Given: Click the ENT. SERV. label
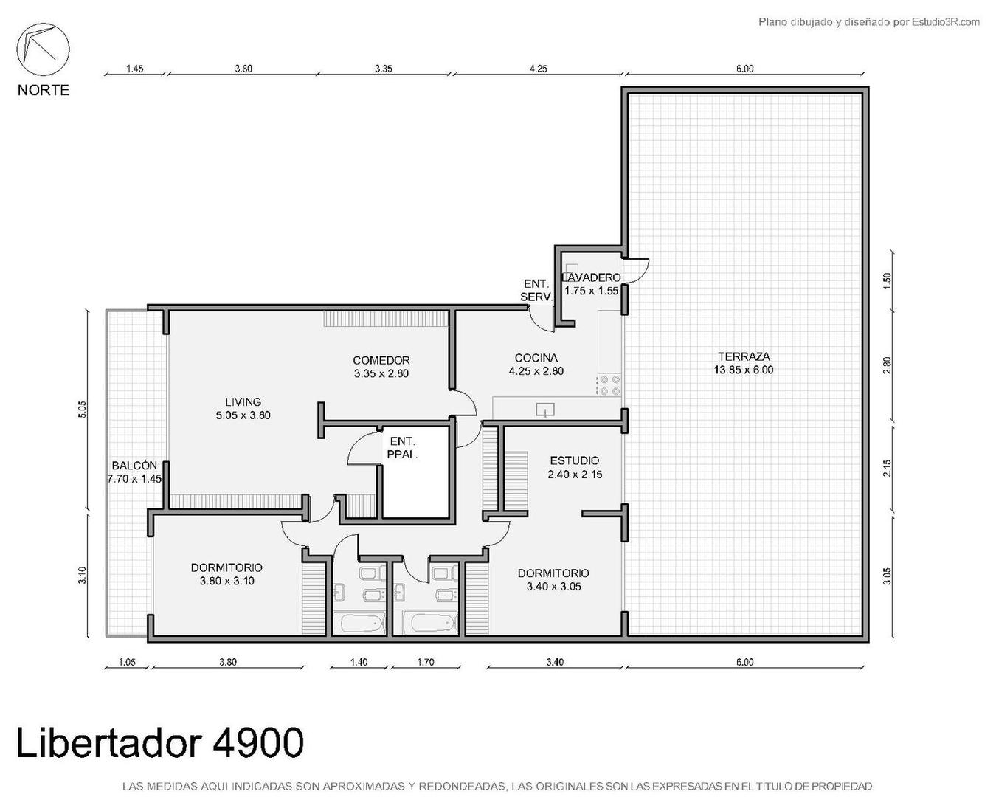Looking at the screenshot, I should [x=536, y=290].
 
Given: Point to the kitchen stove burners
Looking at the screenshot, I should [x=609, y=385].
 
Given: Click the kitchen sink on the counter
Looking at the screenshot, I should [x=545, y=410].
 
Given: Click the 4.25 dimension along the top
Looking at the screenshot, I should [x=538, y=69].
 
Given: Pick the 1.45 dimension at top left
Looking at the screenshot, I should [x=134, y=69].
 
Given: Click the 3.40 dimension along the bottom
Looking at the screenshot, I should [x=554, y=662].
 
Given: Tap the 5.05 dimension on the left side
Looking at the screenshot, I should [x=82, y=409].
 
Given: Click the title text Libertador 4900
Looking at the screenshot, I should [x=159, y=742].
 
